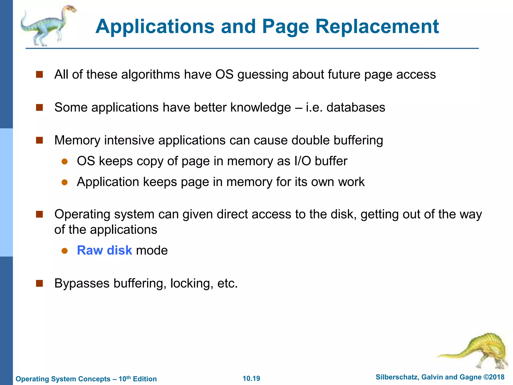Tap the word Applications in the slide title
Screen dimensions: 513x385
pyautogui.click(x=155, y=27)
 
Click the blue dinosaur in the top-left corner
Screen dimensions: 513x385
pyautogui.click(x=48, y=25)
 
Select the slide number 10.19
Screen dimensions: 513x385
pyautogui.click(x=251, y=378)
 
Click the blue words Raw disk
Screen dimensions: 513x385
pyautogui.click(x=104, y=250)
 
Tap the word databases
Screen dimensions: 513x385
pyautogui.click(x=356, y=107)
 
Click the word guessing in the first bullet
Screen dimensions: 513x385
pyautogui.click(x=263, y=75)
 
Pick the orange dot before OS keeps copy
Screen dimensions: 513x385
pyautogui.click(x=65, y=161)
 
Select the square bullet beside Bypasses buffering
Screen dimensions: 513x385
pyautogui.click(x=39, y=283)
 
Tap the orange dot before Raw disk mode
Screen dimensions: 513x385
pyautogui.click(x=65, y=251)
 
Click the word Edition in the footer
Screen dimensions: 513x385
pyautogui.click(x=145, y=379)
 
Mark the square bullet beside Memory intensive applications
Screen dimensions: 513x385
pyautogui.click(x=39, y=140)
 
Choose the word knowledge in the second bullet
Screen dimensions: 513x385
pyautogui.click(x=261, y=108)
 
